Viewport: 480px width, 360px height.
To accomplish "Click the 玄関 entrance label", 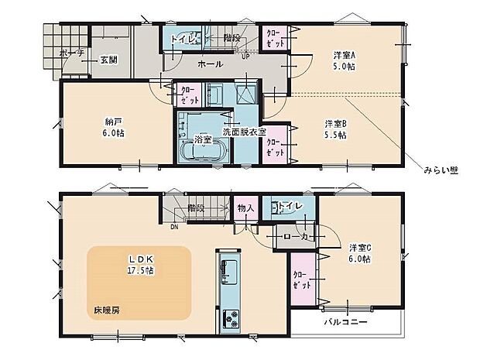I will pos(108,60).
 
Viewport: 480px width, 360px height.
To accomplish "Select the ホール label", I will pos(211,65).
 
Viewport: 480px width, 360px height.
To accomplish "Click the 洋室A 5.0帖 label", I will pos(345,60).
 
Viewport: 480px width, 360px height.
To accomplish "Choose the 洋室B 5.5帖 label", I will pos(336,129).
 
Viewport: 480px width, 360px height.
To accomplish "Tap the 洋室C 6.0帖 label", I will pos(360,253).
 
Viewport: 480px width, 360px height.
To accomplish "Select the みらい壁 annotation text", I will pos(441,170).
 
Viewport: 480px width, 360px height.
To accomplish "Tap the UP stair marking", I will pos(245,57).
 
